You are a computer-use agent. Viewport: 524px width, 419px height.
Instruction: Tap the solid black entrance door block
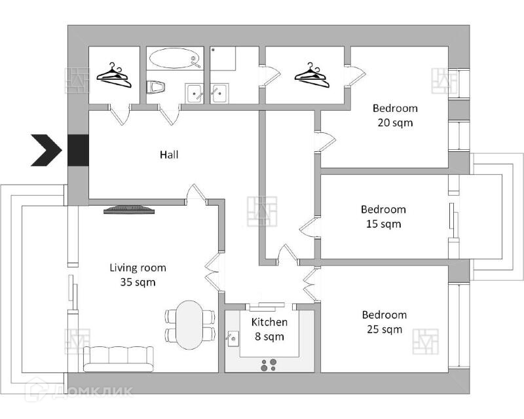click(x=78, y=150)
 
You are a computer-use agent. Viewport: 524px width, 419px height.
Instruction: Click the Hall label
click(x=169, y=155)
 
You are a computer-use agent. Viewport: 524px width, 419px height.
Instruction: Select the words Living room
click(x=138, y=268)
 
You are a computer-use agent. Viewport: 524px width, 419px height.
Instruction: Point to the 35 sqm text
click(x=138, y=283)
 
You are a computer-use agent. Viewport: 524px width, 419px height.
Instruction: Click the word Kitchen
click(x=269, y=322)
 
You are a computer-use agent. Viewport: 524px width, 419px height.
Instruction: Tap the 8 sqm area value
click(x=269, y=337)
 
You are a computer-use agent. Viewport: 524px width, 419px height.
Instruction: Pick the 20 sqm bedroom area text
click(x=395, y=122)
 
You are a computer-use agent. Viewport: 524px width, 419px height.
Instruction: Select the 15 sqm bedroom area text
click(x=383, y=224)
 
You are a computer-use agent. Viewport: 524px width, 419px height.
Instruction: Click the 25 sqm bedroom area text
click(x=384, y=329)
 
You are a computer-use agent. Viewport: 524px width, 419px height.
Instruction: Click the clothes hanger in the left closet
click(x=114, y=76)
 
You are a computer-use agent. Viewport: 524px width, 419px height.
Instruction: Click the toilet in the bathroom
click(x=155, y=88)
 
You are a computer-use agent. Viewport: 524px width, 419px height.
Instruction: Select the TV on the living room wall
click(x=129, y=210)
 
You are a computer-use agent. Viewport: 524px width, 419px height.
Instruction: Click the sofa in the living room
click(x=119, y=358)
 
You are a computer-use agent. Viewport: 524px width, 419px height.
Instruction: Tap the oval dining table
click(x=190, y=325)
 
